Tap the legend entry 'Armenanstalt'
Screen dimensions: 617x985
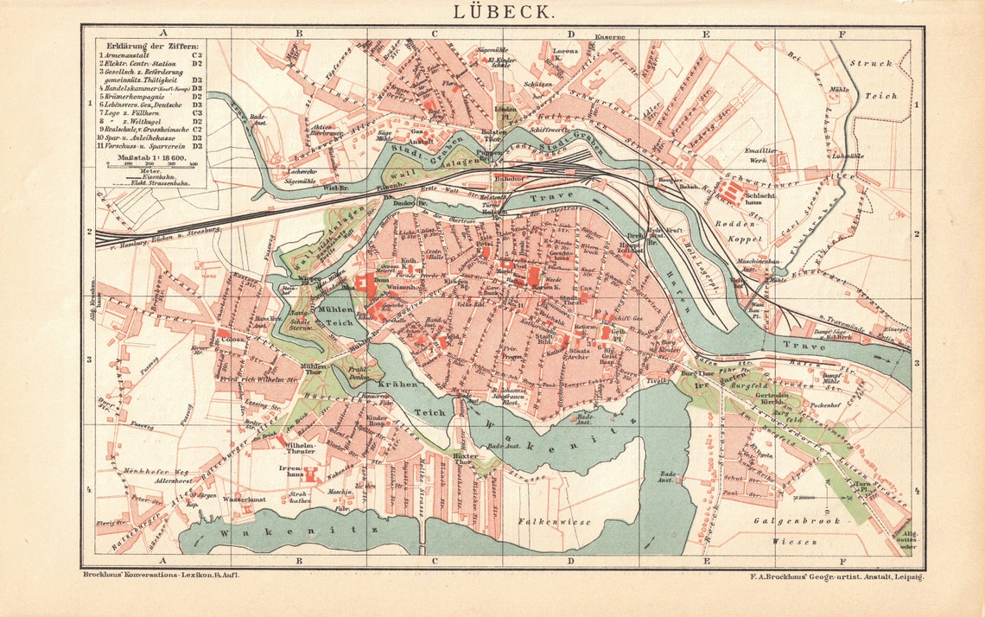click(130, 54)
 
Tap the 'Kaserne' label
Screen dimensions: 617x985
click(609, 36)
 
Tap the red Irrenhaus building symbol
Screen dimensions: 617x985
click(311, 474)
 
